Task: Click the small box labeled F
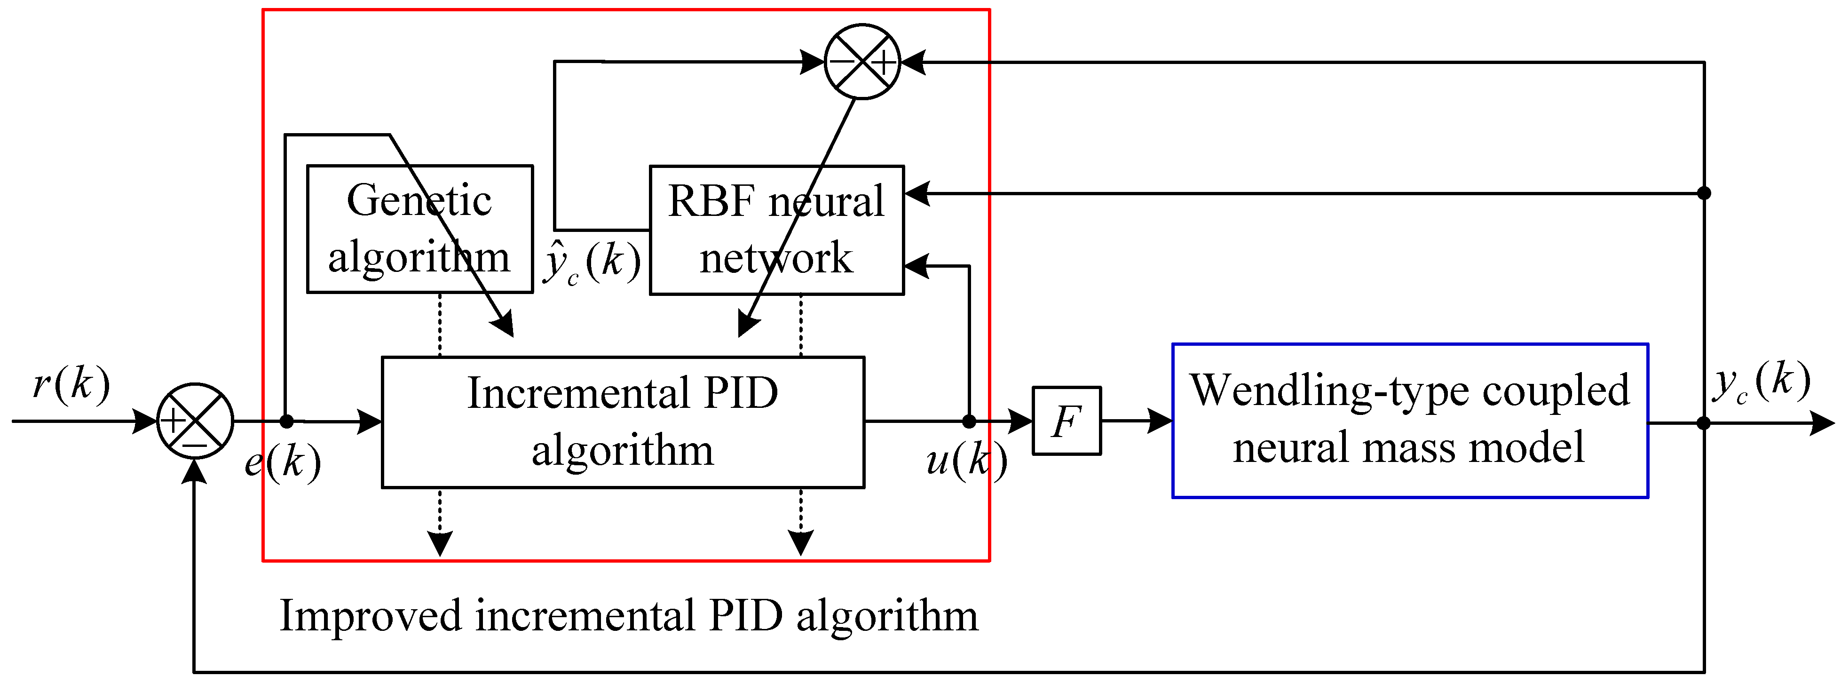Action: [x=1067, y=421]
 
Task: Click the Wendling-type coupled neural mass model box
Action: [x=1409, y=420]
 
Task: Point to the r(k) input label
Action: [x=71, y=384]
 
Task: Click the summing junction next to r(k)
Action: [x=194, y=421]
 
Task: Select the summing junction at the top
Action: [x=862, y=62]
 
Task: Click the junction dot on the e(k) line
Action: [x=286, y=422]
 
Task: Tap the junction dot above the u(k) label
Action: [x=969, y=422]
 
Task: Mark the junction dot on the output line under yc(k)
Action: [x=1704, y=423]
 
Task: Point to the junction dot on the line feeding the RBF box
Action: [x=1704, y=193]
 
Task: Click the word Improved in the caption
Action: [x=370, y=616]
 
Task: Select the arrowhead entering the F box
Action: [x=1020, y=421]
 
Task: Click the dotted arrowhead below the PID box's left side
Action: [x=440, y=543]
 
